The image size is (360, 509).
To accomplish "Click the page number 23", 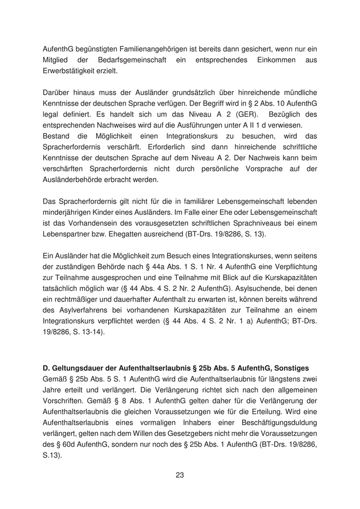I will [179, 475].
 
